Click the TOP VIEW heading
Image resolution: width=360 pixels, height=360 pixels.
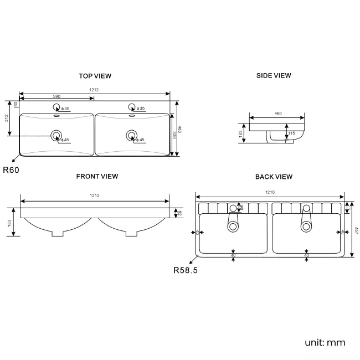(x=95, y=75)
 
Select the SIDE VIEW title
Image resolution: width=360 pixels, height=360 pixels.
(x=274, y=75)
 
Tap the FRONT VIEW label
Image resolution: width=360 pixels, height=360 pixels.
(x=97, y=176)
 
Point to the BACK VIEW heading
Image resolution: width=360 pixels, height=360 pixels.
(x=274, y=177)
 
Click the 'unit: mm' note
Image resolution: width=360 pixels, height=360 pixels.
(x=325, y=342)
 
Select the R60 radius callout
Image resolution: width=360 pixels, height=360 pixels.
(x=11, y=170)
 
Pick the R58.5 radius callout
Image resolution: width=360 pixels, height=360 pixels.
(x=186, y=271)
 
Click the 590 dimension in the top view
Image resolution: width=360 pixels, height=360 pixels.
(x=56, y=96)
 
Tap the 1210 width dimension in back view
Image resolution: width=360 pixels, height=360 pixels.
(x=270, y=192)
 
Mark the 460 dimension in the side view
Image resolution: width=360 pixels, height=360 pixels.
(x=277, y=114)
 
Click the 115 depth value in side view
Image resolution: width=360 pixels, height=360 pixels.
(x=291, y=133)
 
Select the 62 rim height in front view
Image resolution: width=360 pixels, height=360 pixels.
(x=179, y=213)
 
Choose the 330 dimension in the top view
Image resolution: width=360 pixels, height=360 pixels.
(x=173, y=135)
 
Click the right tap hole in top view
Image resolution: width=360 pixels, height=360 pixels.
(x=132, y=107)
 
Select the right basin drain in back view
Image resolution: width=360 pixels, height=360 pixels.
(x=306, y=225)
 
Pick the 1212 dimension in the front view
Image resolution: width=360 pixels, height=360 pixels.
(x=95, y=196)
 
